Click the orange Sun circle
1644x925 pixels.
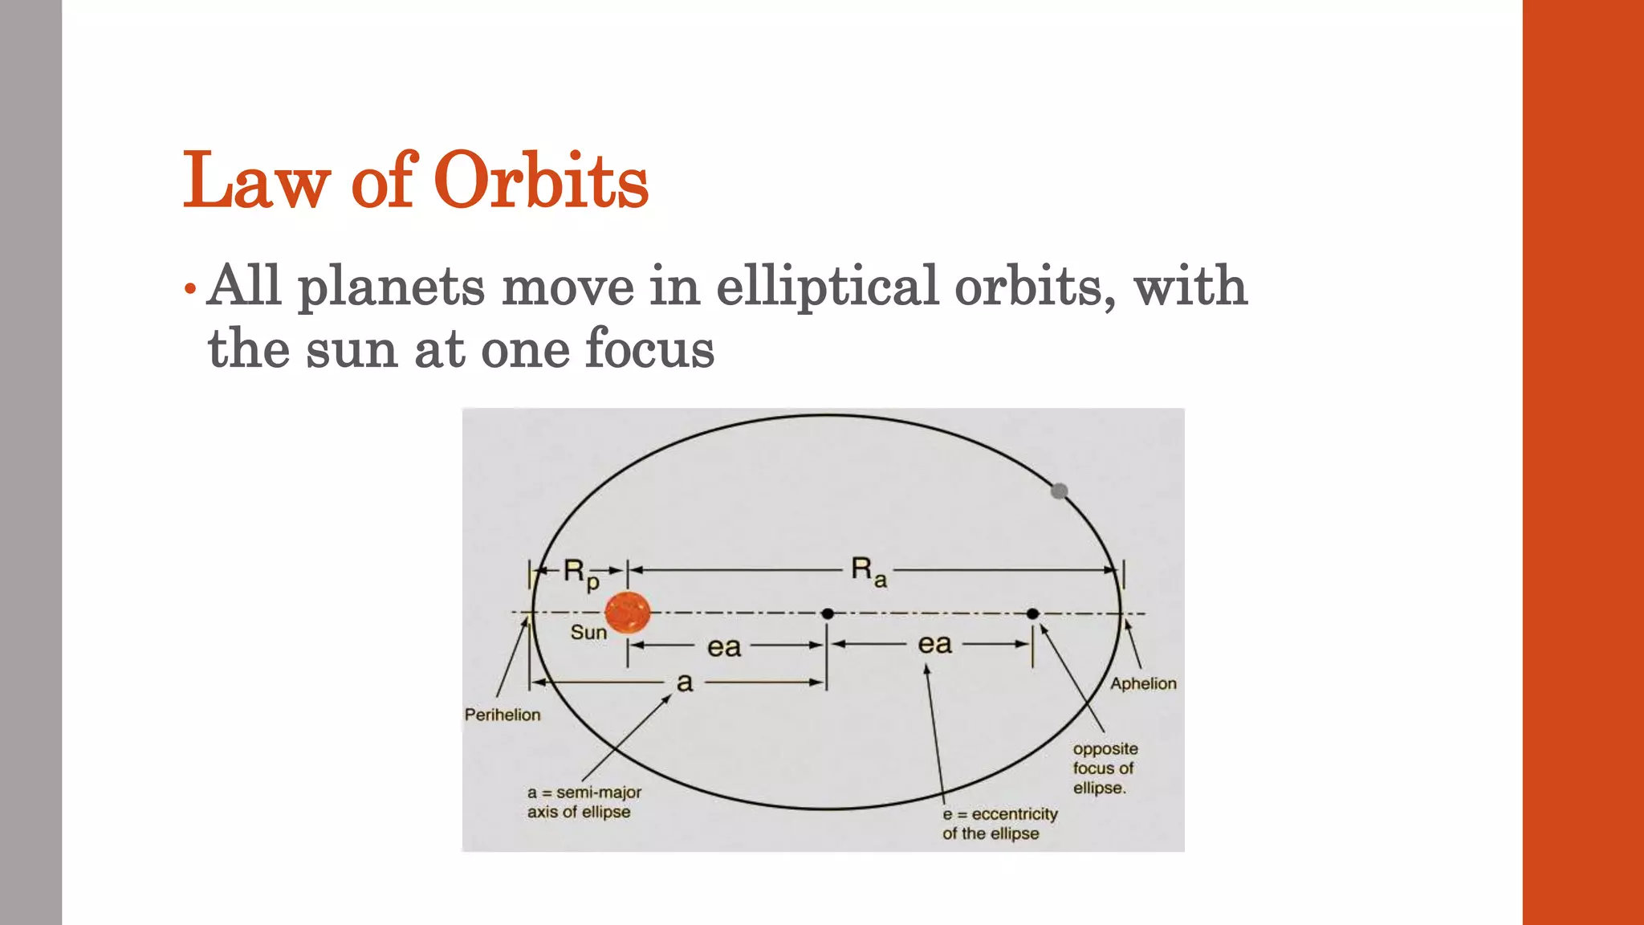click(627, 613)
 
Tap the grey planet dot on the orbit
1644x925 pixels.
click(1060, 491)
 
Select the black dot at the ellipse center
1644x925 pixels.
click(828, 613)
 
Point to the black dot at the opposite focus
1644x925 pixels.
click(1033, 613)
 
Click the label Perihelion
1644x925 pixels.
click(503, 715)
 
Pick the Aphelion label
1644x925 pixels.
click(1143, 683)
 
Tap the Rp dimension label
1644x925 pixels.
click(580, 573)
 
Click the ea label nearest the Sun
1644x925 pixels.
click(723, 647)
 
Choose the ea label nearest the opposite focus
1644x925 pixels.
click(934, 644)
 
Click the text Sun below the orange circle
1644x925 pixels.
click(588, 633)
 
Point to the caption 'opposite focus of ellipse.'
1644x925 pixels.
click(1105, 768)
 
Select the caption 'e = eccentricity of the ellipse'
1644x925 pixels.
click(999, 824)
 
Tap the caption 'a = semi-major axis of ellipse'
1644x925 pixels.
click(584, 802)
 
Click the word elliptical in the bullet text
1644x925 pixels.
click(827, 286)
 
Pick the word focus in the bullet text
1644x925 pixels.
click(649, 349)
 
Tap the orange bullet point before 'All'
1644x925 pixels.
click(189, 288)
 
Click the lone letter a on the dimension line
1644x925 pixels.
click(684, 683)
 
